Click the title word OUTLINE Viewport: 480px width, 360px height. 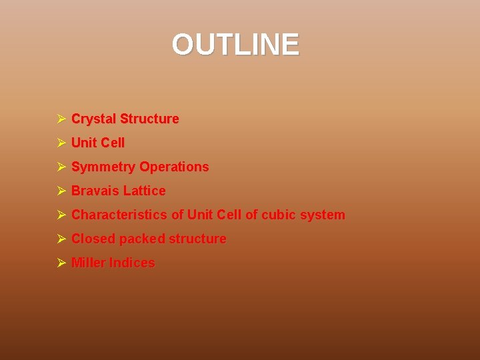coord(235,45)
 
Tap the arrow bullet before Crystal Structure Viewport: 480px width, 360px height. coord(60,119)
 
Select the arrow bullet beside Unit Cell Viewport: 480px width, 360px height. coord(60,143)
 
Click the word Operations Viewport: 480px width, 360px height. coord(174,167)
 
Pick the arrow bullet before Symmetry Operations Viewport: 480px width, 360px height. coord(60,167)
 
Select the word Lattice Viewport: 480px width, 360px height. coord(144,191)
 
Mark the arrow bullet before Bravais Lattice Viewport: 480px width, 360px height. coord(60,191)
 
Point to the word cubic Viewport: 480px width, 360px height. coord(280,215)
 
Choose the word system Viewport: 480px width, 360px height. coord(324,215)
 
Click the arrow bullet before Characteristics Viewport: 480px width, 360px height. coord(60,215)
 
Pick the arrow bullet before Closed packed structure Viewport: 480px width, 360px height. coord(60,239)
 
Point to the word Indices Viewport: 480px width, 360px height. coord(132,263)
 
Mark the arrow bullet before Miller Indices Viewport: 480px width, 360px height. coord(60,263)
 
